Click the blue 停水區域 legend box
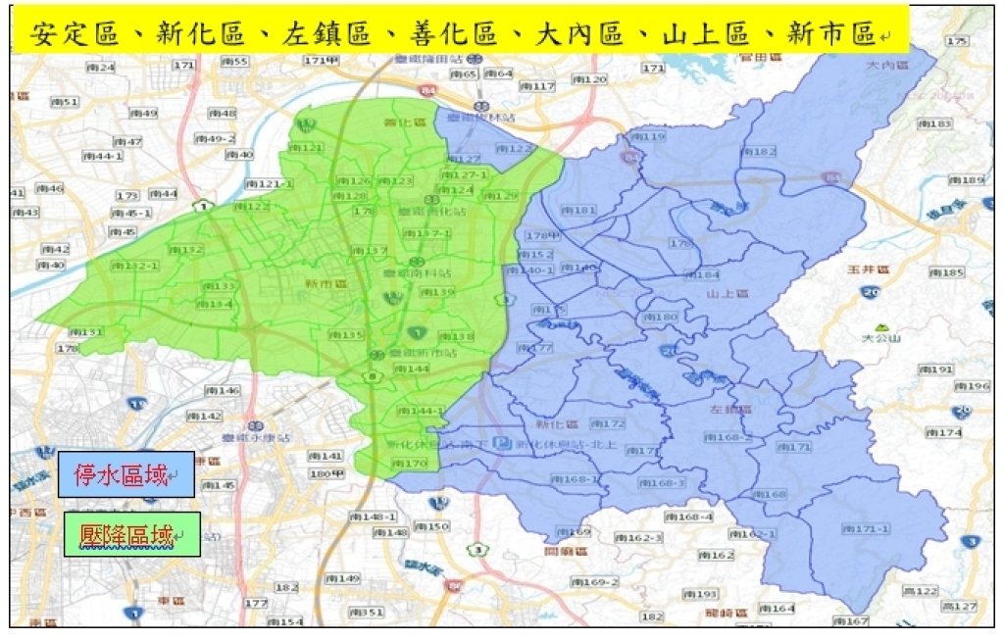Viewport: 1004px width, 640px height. (125, 475)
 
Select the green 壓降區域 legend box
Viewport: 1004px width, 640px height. (131, 535)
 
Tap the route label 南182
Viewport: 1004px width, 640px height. (759, 151)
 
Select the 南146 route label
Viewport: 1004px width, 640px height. (223, 390)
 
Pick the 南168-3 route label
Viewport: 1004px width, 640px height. (664, 483)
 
